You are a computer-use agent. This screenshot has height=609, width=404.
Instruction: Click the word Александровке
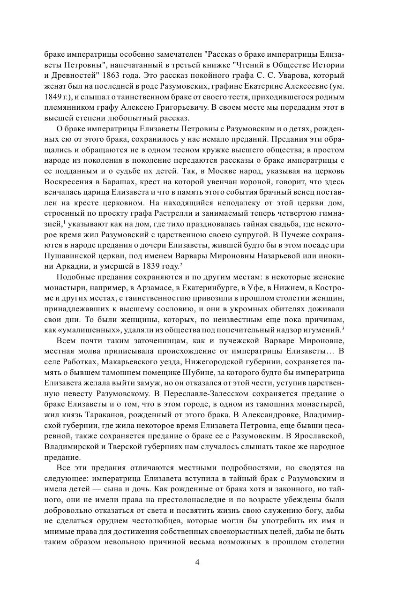pyautogui.click(x=262, y=414)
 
